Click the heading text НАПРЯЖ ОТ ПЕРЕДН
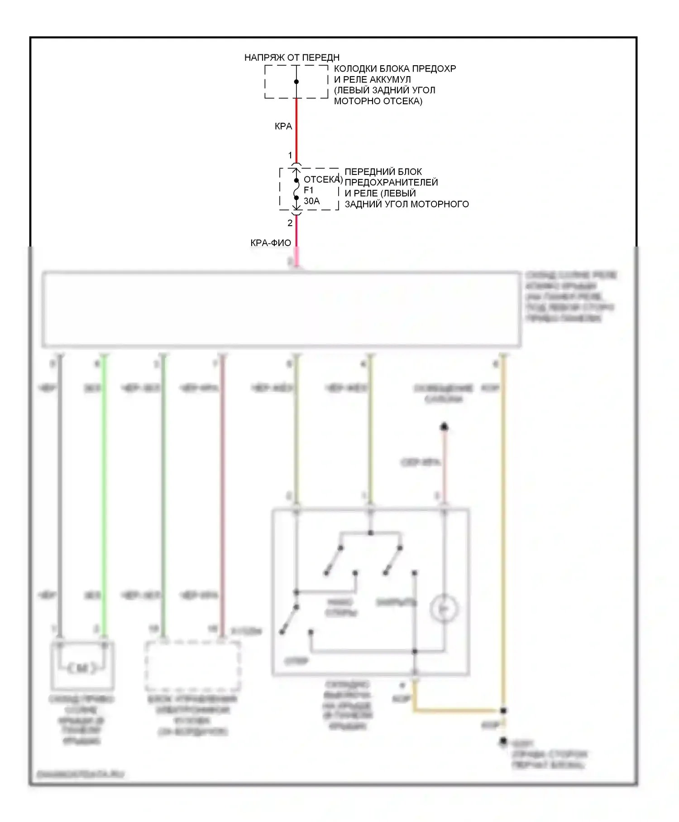pyautogui.click(x=292, y=58)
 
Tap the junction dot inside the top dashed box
pyautogui.click(x=296, y=82)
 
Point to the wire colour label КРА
pyautogui.click(x=283, y=126)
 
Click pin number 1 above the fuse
pyautogui.click(x=290, y=155)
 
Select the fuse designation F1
pyautogui.click(x=309, y=190)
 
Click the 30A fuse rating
pyautogui.click(x=311, y=201)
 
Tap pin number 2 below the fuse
pyautogui.click(x=290, y=223)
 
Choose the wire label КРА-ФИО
pyautogui.click(x=271, y=243)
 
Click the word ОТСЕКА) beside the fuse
pyautogui.click(x=323, y=179)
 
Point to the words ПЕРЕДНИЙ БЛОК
pyautogui.click(x=383, y=172)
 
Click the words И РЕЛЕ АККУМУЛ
pyautogui.click(x=372, y=79)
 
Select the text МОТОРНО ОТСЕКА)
pyautogui.click(x=378, y=101)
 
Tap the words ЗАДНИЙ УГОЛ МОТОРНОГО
pyautogui.click(x=406, y=204)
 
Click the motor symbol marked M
pyautogui.click(x=82, y=667)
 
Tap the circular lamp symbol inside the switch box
pyautogui.click(x=444, y=609)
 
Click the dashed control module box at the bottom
pyautogui.click(x=192, y=665)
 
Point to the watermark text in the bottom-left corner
pyautogui.click(x=80, y=774)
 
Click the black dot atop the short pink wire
pyautogui.click(x=444, y=426)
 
